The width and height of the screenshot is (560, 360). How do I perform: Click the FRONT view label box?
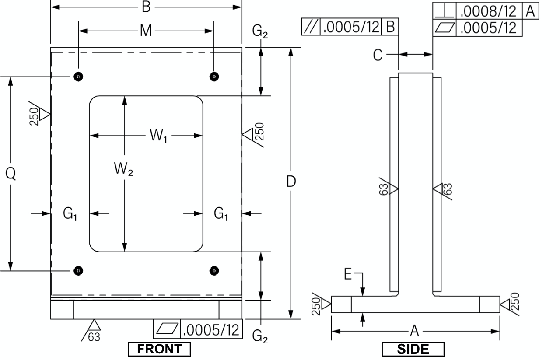(x=159, y=349)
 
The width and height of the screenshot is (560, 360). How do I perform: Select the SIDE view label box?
(x=413, y=349)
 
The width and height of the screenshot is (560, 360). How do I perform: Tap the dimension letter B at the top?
(x=146, y=7)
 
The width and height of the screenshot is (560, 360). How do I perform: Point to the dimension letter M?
(x=146, y=31)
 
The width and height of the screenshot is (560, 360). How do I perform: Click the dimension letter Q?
(x=10, y=174)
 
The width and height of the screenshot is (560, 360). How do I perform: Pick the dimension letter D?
(x=291, y=182)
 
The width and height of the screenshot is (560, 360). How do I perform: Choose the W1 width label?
(x=158, y=136)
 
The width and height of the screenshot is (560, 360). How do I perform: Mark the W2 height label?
(x=123, y=169)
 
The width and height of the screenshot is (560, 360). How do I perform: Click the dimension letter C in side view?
(x=378, y=55)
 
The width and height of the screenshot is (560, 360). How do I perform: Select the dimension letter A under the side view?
(x=414, y=331)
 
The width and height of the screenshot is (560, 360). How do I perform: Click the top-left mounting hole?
(x=78, y=77)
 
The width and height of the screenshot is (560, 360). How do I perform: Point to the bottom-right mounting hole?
(x=214, y=271)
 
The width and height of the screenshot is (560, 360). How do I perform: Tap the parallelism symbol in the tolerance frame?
(x=311, y=27)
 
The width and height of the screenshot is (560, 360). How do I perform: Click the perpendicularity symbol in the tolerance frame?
(x=444, y=11)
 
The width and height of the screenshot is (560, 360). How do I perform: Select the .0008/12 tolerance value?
(x=488, y=11)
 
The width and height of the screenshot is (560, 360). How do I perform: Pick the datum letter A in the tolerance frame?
(x=530, y=11)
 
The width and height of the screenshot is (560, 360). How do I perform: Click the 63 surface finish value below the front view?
(x=94, y=337)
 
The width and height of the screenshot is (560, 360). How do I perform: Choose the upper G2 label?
(x=260, y=32)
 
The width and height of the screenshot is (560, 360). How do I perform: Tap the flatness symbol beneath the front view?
(x=167, y=329)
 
